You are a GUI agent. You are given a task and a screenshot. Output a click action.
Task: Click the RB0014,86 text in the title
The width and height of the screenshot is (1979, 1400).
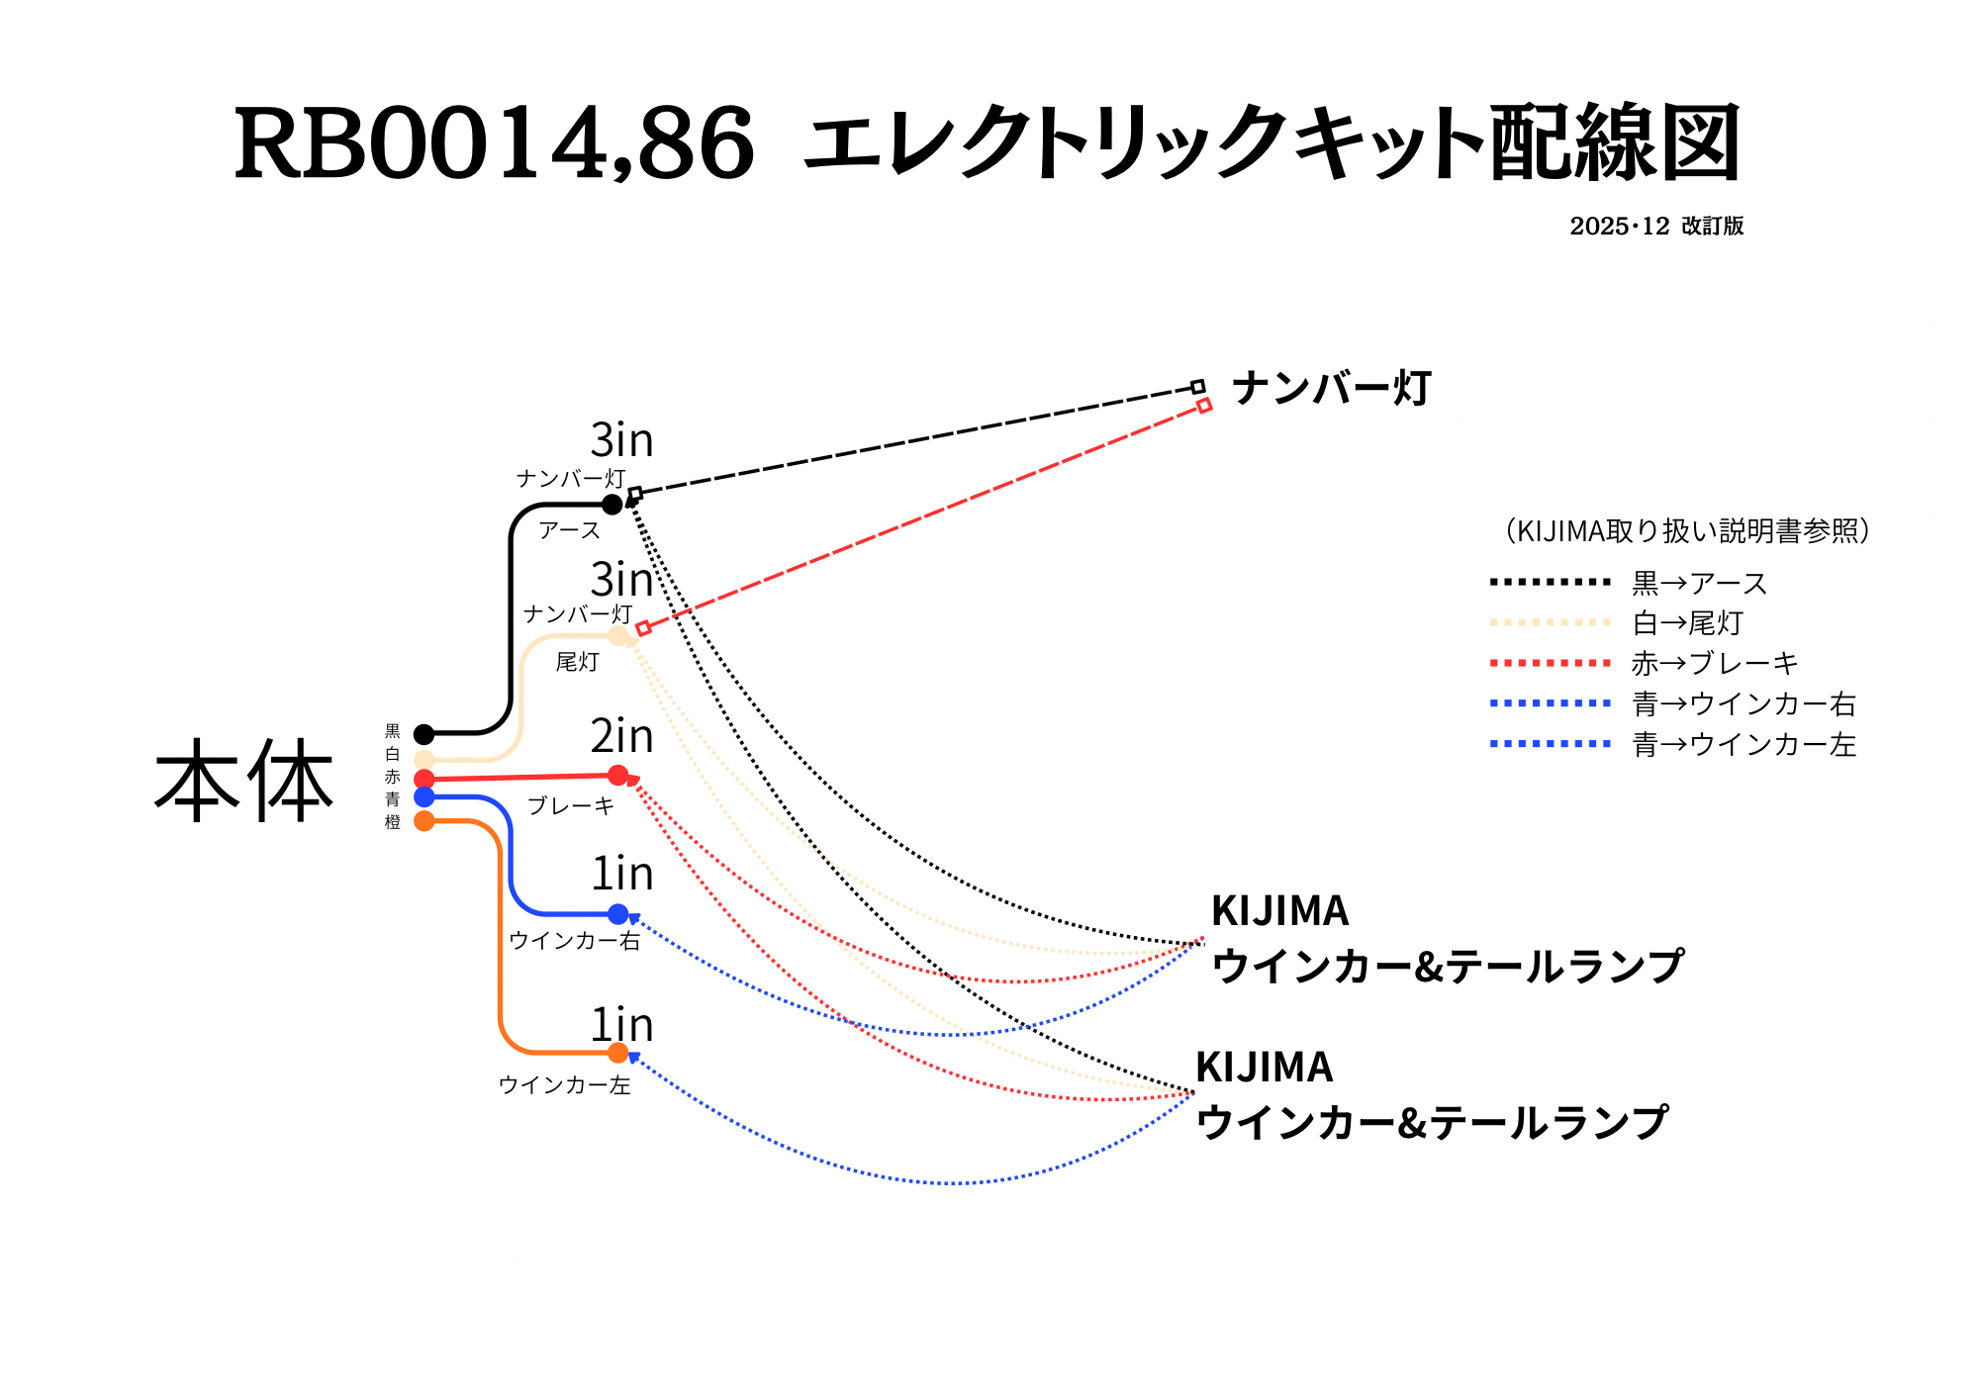pos(494,144)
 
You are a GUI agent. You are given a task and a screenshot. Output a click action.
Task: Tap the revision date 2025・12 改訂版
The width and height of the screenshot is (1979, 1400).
pos(1655,227)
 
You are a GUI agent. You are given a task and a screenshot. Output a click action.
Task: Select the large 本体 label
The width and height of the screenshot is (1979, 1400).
pos(243,782)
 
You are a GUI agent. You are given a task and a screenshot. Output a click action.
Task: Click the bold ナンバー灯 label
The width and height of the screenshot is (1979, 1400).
pos(1331,388)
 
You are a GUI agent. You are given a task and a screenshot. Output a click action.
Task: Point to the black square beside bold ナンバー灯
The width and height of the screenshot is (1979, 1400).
pos(1198,387)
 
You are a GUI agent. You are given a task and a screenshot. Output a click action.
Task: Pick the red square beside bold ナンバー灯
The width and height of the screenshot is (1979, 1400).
pos(1204,405)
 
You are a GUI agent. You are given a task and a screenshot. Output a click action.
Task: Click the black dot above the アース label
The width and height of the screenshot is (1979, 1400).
pos(613,505)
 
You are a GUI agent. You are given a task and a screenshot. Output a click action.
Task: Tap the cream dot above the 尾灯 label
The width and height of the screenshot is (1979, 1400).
pos(618,635)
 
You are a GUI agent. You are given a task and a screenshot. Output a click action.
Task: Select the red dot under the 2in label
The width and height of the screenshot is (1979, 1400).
pos(618,775)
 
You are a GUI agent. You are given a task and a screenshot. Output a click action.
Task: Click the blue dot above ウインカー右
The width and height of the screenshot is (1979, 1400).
pos(618,914)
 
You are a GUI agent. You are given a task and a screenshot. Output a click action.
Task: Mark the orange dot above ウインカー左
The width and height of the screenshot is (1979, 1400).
pos(618,1053)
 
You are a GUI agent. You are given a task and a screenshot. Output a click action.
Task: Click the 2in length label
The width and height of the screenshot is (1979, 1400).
pos(621,736)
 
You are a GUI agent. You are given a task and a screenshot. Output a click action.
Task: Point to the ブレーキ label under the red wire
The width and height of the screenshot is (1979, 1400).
pos(571,806)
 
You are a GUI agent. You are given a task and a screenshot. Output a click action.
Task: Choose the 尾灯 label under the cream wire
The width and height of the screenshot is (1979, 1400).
pos(577,662)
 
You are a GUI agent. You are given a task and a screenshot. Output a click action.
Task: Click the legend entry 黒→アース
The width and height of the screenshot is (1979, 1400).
pos(1699,584)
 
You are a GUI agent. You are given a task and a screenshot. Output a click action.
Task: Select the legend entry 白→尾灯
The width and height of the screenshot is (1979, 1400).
pos(1687,623)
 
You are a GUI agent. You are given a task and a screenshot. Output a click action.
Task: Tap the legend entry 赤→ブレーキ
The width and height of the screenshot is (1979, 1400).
pos(1714,664)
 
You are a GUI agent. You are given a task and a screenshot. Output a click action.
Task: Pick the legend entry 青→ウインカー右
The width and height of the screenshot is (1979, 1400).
pos(1743,704)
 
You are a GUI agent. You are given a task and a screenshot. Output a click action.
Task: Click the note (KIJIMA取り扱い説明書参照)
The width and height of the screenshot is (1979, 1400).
pos(1687,531)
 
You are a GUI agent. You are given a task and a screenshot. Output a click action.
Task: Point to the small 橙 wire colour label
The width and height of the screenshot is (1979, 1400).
pos(393,822)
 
